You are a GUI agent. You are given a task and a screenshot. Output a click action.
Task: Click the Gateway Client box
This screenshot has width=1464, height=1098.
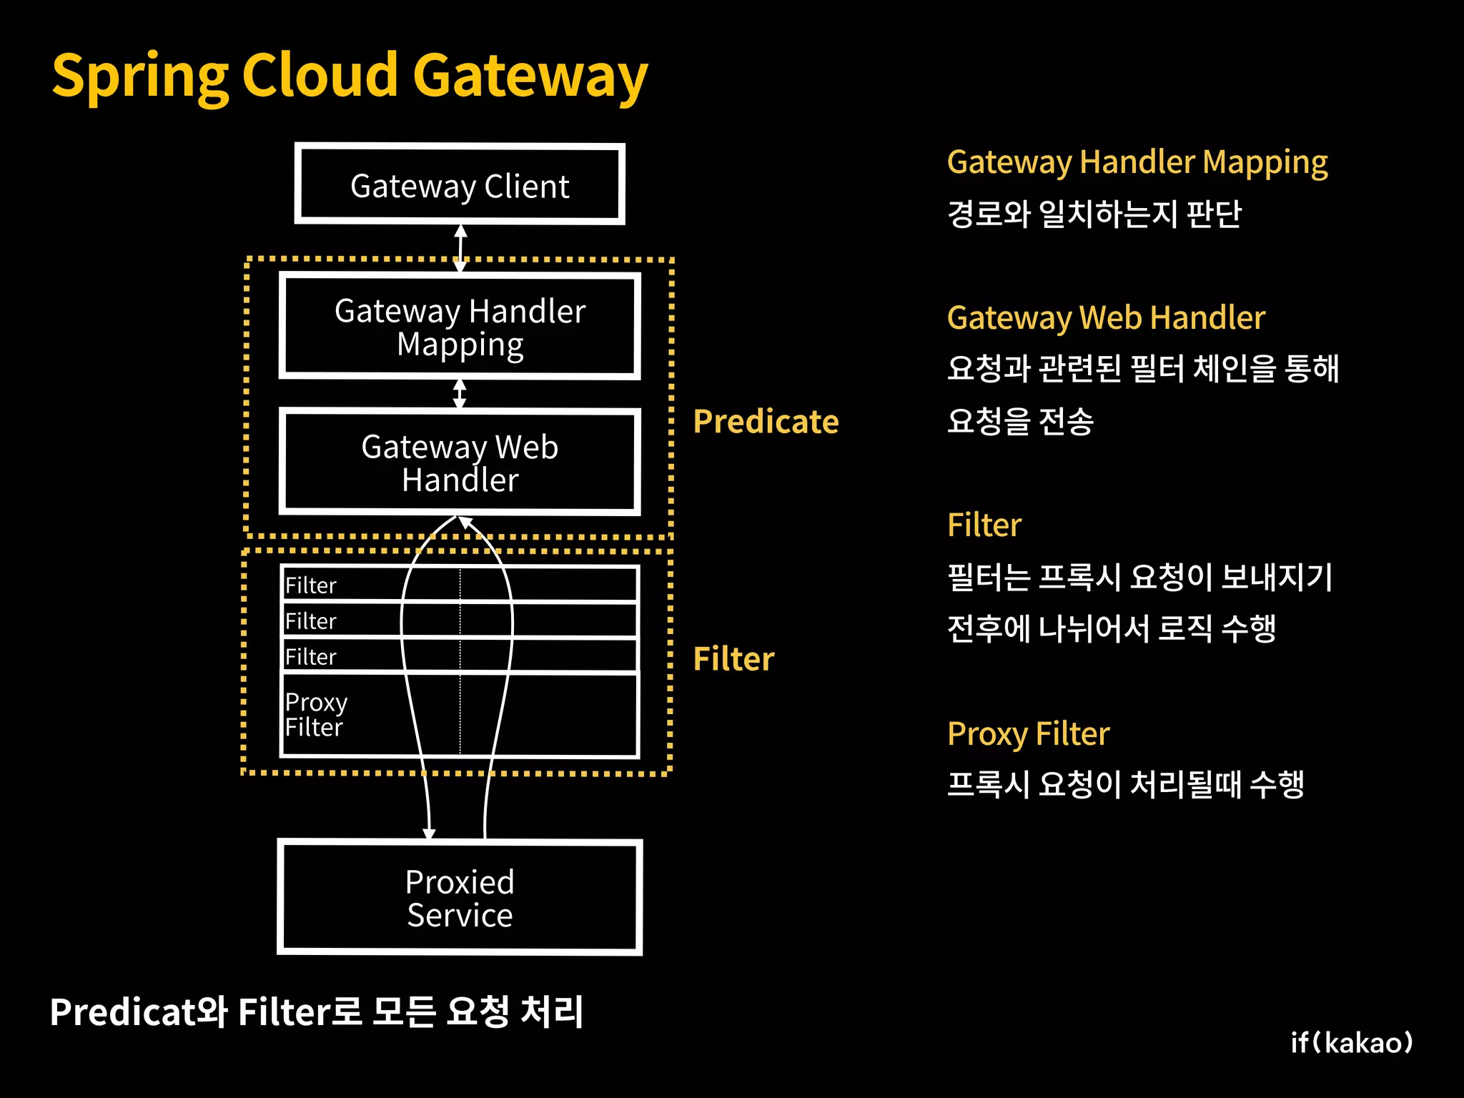pyautogui.click(x=460, y=184)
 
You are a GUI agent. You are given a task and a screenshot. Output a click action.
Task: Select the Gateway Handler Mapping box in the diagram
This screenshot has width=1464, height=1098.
pyautogui.click(x=460, y=327)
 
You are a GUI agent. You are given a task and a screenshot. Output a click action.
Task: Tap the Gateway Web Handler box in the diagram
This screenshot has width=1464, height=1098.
pyautogui.click(x=460, y=463)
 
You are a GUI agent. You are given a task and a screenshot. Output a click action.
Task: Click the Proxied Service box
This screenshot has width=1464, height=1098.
pyautogui.click(x=460, y=898)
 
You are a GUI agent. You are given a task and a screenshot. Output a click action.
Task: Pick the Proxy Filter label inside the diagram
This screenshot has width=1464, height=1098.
pyautogui.click(x=315, y=714)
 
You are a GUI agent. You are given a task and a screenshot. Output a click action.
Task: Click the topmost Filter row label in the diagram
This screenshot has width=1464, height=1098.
pyautogui.click(x=310, y=585)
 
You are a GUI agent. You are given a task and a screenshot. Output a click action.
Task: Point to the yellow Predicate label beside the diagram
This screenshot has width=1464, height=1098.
pyautogui.click(x=766, y=422)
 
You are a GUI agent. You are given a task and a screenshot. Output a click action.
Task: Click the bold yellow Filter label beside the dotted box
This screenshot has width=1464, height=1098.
pyautogui.click(x=733, y=658)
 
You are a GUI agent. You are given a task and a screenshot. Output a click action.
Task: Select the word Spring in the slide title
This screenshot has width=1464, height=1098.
pyautogui.click(x=140, y=77)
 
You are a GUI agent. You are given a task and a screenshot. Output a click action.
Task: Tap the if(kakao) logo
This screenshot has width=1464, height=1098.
pyautogui.click(x=1351, y=1043)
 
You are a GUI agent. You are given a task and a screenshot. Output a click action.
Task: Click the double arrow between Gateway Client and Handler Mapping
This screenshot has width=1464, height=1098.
pyautogui.click(x=460, y=248)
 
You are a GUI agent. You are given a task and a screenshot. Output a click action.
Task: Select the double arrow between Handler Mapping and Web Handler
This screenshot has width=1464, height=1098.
pyautogui.click(x=460, y=393)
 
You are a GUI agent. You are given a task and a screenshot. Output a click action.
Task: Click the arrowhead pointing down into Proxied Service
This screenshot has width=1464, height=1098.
pyautogui.click(x=429, y=833)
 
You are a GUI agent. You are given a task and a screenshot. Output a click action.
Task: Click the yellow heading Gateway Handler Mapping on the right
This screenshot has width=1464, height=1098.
pyautogui.click(x=1137, y=163)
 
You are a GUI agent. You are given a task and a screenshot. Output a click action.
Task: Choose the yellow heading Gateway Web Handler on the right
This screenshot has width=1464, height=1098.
pyautogui.click(x=1106, y=318)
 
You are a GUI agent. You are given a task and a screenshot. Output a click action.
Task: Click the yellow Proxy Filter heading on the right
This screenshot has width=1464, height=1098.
pyautogui.click(x=1028, y=734)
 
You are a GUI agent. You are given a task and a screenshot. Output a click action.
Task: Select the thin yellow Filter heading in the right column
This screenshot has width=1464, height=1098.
pyautogui.click(x=984, y=525)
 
